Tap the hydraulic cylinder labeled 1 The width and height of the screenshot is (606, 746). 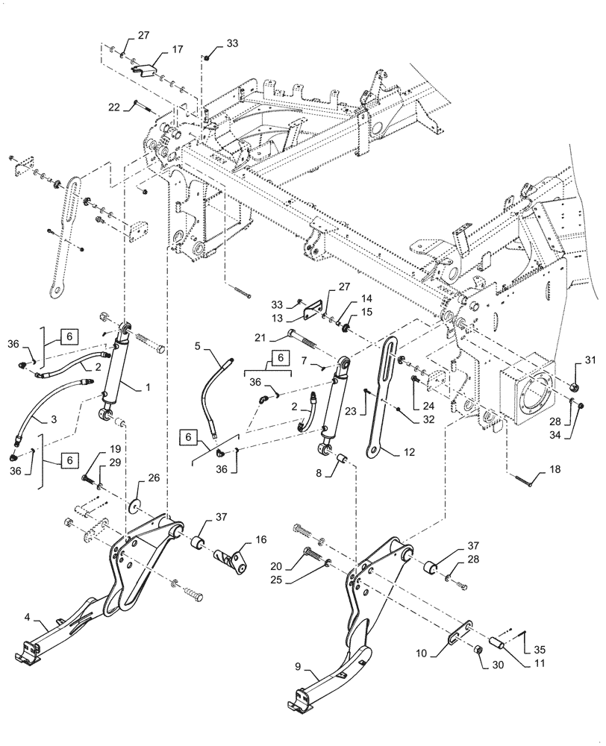118,373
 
